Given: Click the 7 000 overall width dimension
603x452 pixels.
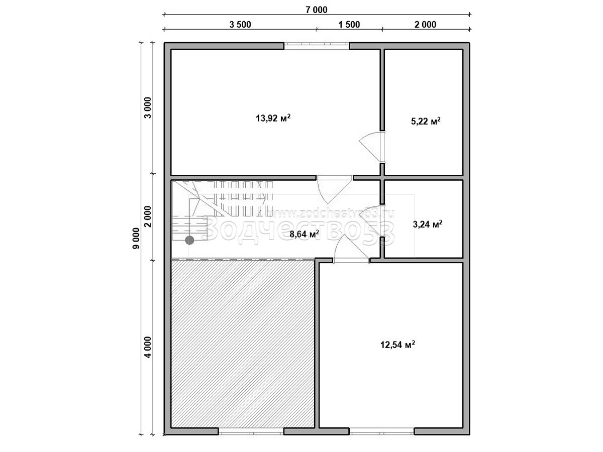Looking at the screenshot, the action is click(x=316, y=10).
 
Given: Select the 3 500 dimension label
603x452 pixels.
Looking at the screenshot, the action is click(x=240, y=25).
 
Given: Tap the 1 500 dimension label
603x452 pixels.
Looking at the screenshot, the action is click(x=349, y=25).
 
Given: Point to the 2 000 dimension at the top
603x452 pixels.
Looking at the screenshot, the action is click(x=425, y=25).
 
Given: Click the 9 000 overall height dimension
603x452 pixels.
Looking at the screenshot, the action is click(x=136, y=238).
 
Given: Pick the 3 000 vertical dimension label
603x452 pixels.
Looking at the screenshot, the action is click(x=148, y=107).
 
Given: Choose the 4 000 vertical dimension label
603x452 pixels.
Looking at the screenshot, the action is click(x=148, y=347).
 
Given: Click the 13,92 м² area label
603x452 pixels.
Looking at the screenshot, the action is click(x=273, y=118).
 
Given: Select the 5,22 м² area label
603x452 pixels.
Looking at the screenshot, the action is click(x=426, y=121).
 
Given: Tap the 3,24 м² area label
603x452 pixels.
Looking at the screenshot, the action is click(x=428, y=224).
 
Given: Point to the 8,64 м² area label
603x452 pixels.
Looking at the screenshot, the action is click(x=304, y=234).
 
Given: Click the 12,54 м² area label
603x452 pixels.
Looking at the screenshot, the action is click(x=397, y=344).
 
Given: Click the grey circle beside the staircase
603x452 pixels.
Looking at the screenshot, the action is click(x=189, y=241).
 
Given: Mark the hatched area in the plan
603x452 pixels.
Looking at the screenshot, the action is click(x=243, y=347).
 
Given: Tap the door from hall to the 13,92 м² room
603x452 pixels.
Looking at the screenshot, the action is click(x=335, y=190).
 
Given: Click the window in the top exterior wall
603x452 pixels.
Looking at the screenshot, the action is click(x=317, y=46).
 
